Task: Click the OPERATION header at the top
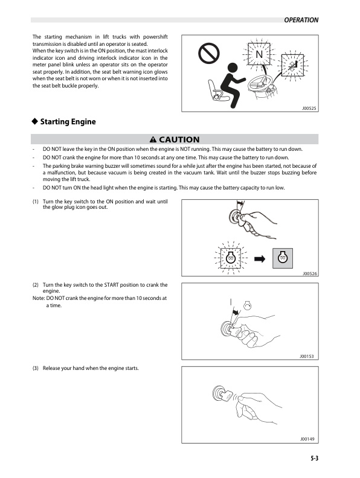coord(301,20)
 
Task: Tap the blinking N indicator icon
coord(259,56)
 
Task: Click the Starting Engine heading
coord(68,122)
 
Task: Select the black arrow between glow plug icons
coord(260,258)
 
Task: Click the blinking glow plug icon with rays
coord(230,258)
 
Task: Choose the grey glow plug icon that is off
coord(283,258)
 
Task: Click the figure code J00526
coord(310,274)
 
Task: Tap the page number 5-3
coord(311,459)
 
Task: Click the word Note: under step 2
coord(39,298)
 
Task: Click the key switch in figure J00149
coord(218,394)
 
